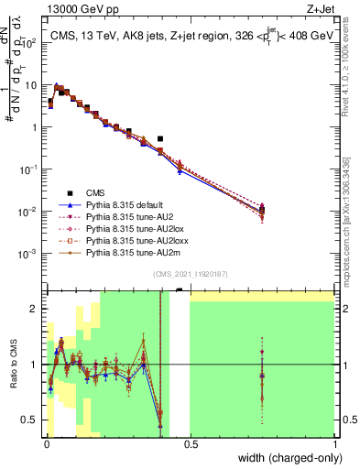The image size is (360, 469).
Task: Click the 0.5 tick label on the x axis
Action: point(191,445)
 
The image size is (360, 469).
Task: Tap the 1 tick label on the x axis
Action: point(333,445)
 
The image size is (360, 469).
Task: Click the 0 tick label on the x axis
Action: point(47,445)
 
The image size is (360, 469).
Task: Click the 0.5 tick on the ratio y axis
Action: point(32,420)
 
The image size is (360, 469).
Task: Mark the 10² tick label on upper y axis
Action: point(31,42)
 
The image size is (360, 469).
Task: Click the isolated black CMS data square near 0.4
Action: point(160,139)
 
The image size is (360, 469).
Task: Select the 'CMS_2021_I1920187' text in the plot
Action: point(190,274)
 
